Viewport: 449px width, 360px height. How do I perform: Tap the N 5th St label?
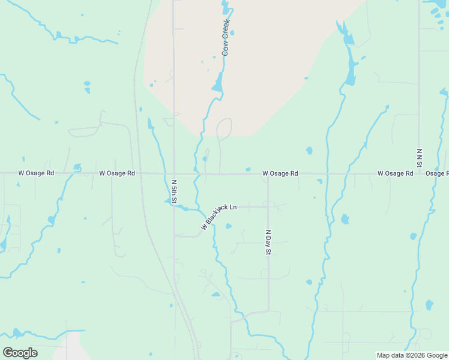tap(174, 190)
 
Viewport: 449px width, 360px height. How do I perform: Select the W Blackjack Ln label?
tap(218, 217)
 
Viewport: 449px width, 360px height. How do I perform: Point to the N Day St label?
tap(268, 242)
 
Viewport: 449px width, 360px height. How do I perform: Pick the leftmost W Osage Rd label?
tap(36, 173)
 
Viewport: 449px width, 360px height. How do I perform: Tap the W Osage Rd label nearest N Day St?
tap(280, 173)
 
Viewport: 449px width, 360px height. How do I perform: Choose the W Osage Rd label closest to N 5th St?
tap(117, 173)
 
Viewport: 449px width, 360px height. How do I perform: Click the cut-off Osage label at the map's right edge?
tap(437, 173)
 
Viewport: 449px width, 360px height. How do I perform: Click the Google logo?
tap(20, 352)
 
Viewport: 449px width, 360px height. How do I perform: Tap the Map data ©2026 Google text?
tap(411, 355)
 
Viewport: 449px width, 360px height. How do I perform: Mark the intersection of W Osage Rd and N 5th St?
tap(174, 173)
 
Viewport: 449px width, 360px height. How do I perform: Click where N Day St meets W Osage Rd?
tap(268, 174)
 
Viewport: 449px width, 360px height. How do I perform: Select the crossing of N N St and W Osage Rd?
tap(419, 173)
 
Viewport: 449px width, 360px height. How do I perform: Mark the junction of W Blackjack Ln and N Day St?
tap(268, 206)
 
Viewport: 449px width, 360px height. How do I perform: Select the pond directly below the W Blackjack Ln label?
tap(228, 226)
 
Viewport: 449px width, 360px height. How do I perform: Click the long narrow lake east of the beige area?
tap(349, 66)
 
